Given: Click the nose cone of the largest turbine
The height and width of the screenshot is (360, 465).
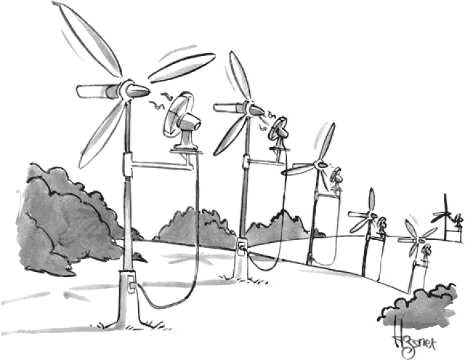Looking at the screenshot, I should coord(138,89).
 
